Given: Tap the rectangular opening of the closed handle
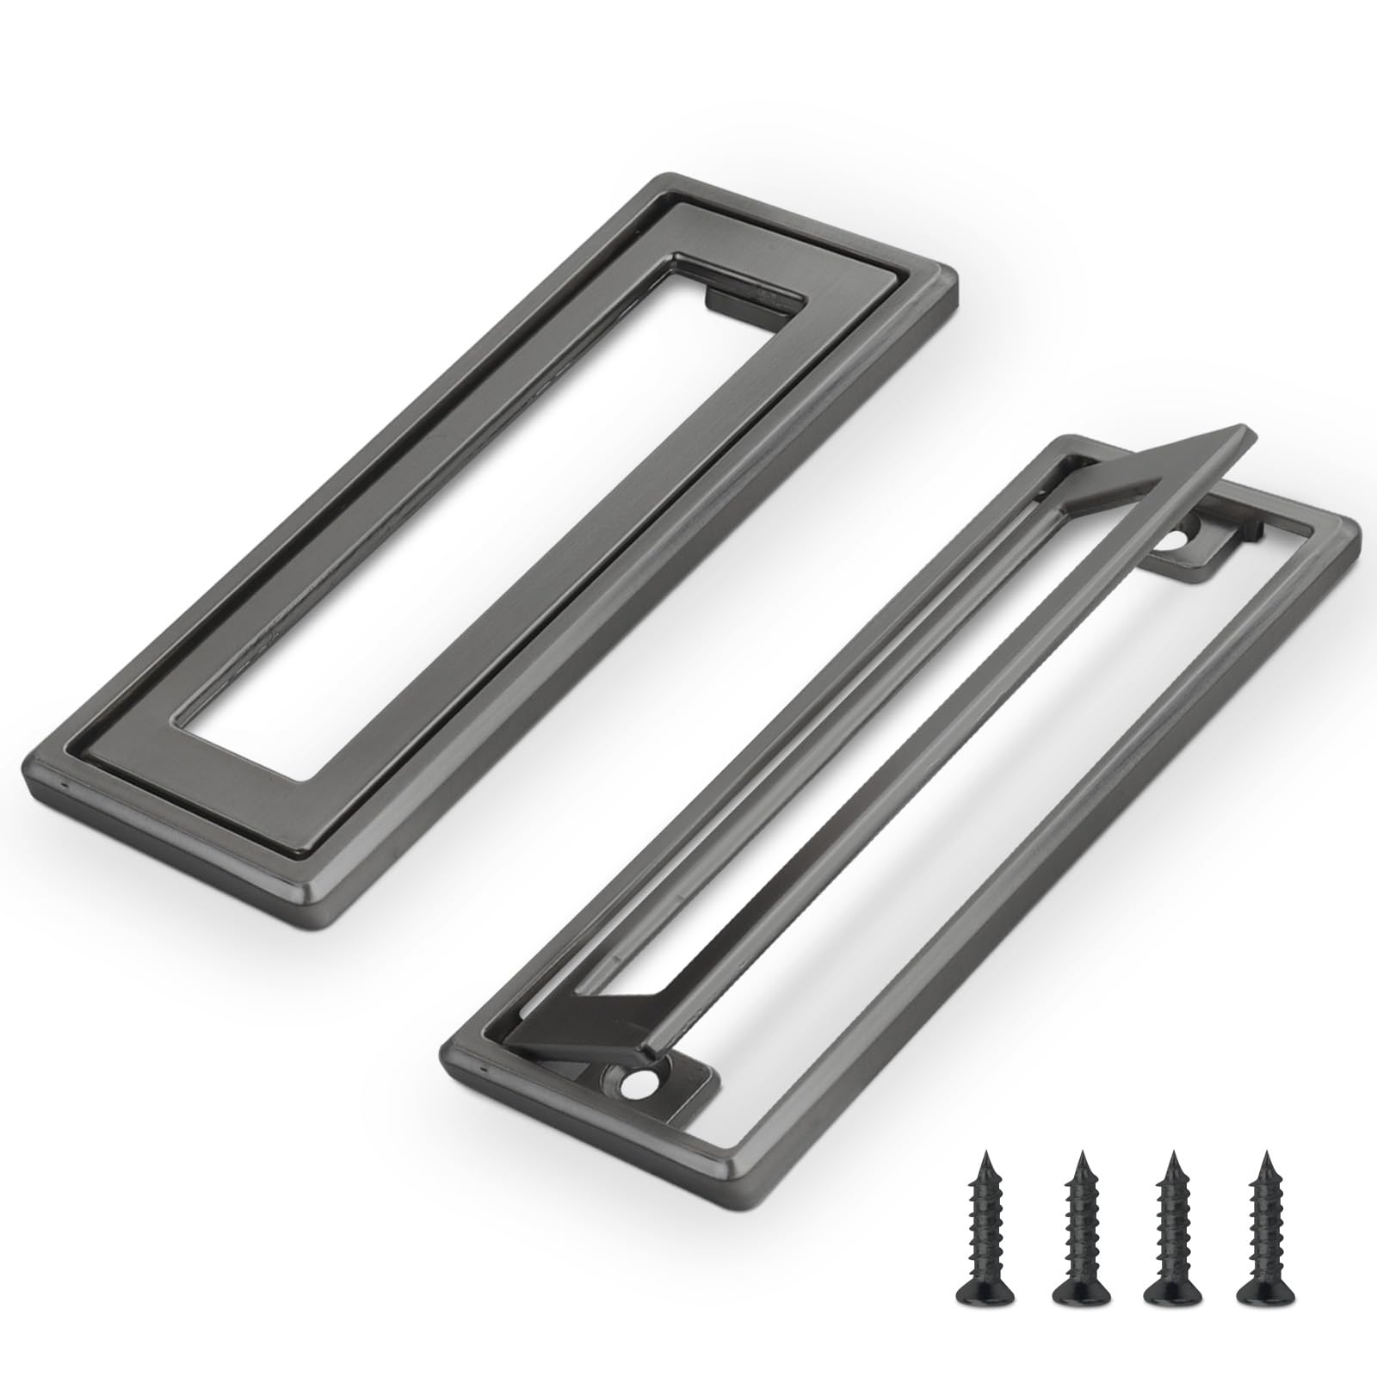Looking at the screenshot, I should (482, 516).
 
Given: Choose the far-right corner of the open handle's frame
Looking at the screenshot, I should (1358, 532).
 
